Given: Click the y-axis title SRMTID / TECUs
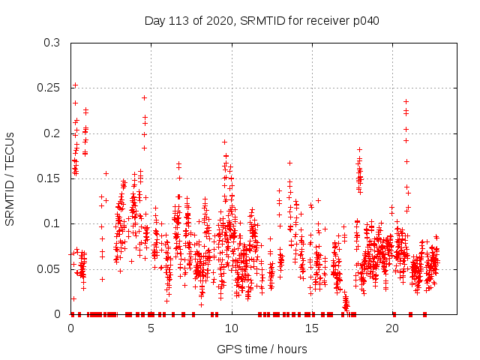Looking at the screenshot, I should (x=10, y=178).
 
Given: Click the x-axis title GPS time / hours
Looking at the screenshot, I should (x=262, y=349).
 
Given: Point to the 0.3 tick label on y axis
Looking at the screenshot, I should (x=52, y=43).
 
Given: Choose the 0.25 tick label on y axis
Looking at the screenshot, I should (x=49, y=88).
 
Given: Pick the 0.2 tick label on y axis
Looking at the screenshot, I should (x=52, y=133).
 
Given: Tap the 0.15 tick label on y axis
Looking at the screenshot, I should (x=49, y=178).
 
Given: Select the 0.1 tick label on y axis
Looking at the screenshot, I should (x=52, y=223).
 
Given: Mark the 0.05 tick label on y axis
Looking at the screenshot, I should (x=49, y=269).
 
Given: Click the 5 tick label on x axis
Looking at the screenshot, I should (x=151, y=328).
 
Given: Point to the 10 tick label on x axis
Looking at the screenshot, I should (x=231, y=328).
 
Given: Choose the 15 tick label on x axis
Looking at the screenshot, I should (x=311, y=328).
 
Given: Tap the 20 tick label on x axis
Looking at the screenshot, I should (x=391, y=328).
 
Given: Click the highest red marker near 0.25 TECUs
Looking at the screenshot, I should (x=75, y=85).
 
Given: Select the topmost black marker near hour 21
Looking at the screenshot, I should (x=406, y=101).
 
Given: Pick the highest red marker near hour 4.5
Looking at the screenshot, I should (x=144, y=97).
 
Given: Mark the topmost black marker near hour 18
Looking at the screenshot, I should (x=359, y=149).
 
